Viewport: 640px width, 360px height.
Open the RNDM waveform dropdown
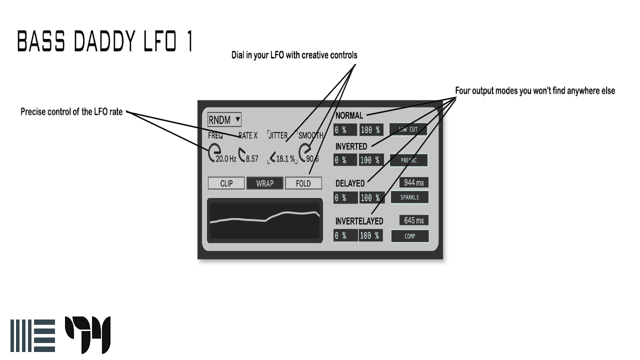224,119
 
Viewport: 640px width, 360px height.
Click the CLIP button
226,183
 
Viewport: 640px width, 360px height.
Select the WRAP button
264,183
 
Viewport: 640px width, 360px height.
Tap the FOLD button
303,183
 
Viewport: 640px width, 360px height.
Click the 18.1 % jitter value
285,159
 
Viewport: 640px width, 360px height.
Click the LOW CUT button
408,129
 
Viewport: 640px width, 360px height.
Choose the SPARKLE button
409,197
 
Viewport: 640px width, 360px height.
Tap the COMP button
409,236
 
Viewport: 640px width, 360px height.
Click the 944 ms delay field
413,183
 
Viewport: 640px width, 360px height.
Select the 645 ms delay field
413,220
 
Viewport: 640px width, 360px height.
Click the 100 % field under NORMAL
370,130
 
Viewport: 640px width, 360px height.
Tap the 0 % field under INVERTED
345,160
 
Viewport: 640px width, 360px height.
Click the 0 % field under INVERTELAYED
345,235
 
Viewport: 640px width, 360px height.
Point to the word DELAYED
350,183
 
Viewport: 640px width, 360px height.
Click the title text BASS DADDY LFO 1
105,41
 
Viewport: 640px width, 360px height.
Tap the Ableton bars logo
32,335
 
